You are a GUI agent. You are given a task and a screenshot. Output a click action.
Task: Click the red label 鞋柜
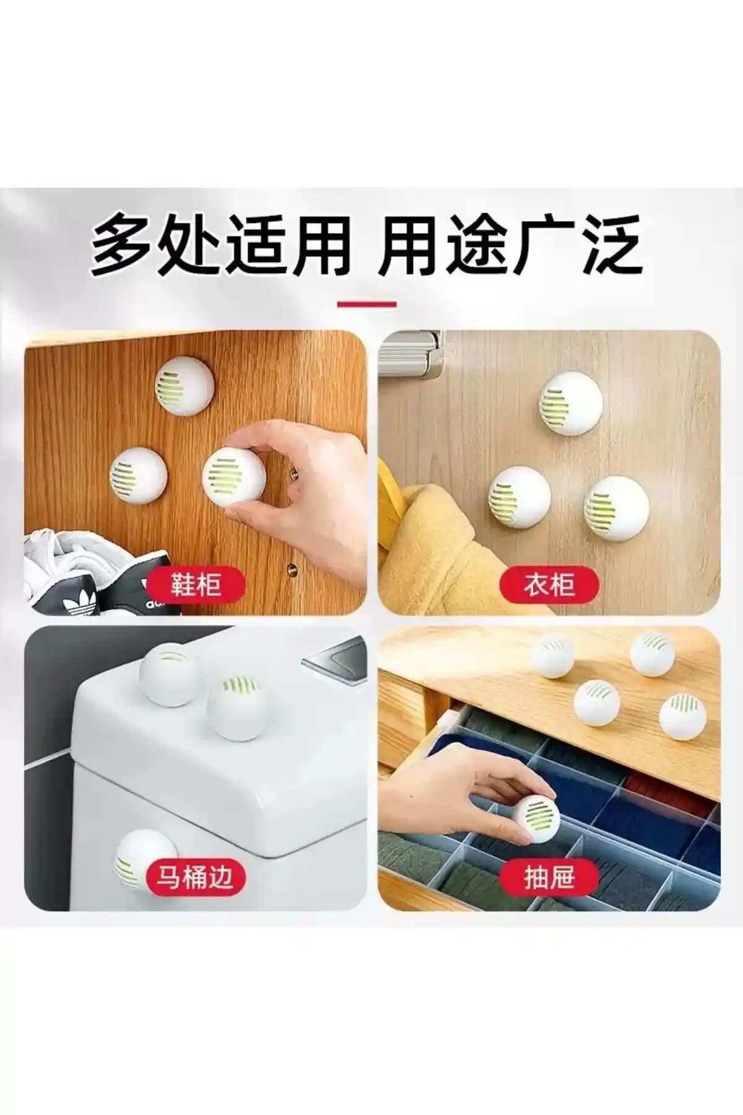pos(196,584)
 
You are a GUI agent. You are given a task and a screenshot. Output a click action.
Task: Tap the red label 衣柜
pos(549,584)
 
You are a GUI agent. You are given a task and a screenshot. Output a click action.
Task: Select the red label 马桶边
pos(196,877)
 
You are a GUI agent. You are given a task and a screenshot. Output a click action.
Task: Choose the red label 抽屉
pos(549,877)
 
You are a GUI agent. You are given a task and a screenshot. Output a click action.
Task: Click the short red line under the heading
pos(367,304)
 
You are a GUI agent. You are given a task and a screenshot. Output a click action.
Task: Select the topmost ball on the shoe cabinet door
pos(185,388)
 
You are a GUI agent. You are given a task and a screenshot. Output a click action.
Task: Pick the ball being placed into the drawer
pos(535,818)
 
